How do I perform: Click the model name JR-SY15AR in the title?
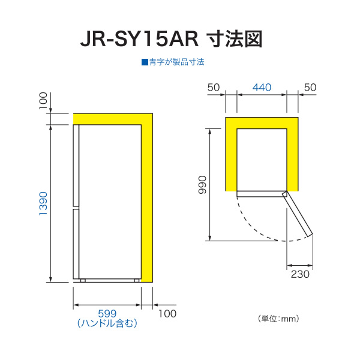(139, 40)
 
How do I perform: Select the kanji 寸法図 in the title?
(235, 40)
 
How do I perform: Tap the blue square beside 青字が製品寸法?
(145, 62)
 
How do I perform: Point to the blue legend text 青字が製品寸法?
(176, 62)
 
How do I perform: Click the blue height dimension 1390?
(43, 203)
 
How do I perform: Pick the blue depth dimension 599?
(107, 313)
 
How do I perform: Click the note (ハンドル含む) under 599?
(107, 323)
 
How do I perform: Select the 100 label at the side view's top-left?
(43, 101)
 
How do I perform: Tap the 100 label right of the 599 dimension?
(167, 314)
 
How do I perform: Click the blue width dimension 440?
(262, 88)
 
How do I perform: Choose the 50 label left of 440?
(214, 88)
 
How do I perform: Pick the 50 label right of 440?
(310, 88)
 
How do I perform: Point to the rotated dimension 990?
(203, 185)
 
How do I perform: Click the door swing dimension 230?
(300, 274)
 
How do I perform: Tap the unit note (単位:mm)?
(278, 319)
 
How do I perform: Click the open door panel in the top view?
(298, 214)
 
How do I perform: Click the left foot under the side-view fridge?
(83, 281)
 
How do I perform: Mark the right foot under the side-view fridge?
(137, 281)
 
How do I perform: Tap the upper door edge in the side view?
(76, 166)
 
